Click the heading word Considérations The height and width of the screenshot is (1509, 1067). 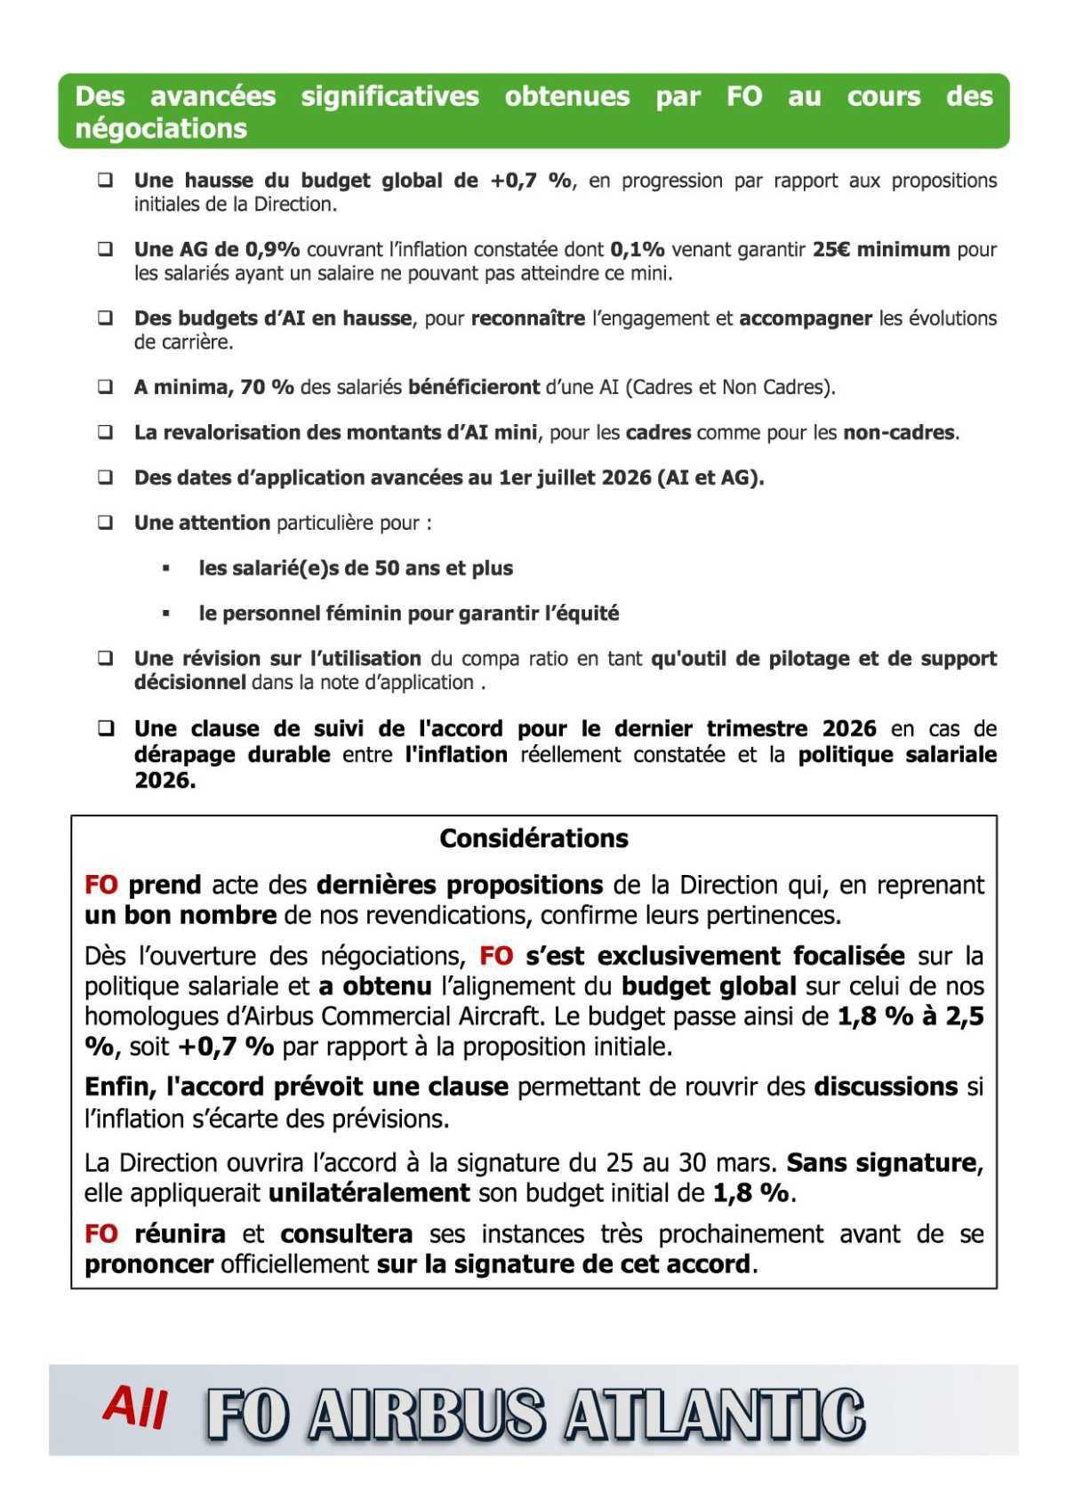coord(533,839)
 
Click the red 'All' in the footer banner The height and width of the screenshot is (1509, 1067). coord(135,1408)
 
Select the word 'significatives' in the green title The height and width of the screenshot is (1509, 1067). coord(389,96)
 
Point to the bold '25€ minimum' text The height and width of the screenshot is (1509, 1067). coord(880,250)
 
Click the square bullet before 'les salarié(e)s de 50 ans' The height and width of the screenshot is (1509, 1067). coord(166,567)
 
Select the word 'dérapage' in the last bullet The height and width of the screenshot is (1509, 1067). coord(182,755)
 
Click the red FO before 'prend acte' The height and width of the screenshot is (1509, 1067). coord(100,886)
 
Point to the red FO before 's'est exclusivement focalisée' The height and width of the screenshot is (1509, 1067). coord(496,957)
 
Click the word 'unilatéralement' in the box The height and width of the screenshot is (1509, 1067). coord(369,1193)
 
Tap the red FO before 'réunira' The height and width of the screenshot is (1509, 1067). coord(100,1234)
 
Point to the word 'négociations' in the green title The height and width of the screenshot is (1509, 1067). coord(161,128)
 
